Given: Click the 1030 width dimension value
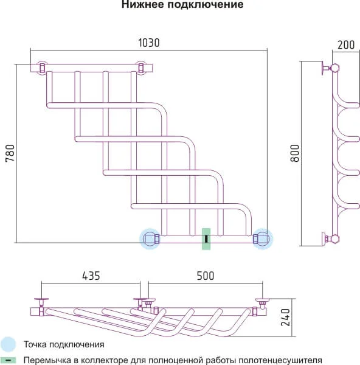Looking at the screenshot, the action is coord(149,43).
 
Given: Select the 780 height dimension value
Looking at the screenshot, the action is coord(10,153).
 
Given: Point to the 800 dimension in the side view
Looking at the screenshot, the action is coord(294,153).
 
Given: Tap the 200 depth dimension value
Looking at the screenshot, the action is coord(346,45).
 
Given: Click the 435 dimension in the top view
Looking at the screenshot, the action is coord(91,276).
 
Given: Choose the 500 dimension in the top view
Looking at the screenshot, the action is coord(206,276).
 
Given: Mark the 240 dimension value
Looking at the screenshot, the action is coord(285,318).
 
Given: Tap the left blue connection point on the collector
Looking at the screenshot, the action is coord(150,239).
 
